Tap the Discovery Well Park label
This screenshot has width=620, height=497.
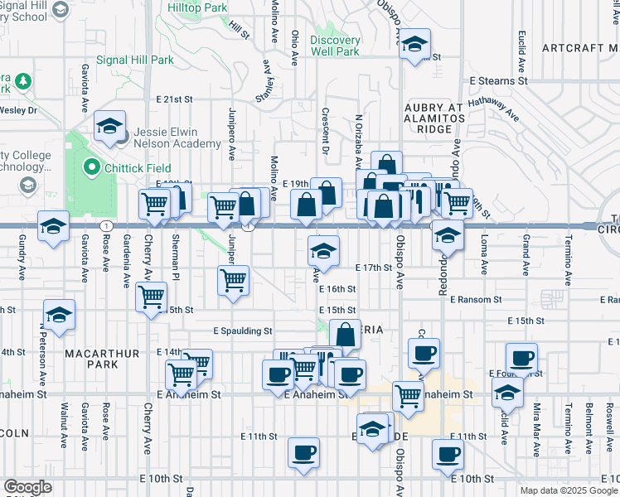coord(335,46)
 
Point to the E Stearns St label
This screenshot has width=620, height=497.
coord(498,82)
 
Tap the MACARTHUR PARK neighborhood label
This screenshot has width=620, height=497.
coord(102,359)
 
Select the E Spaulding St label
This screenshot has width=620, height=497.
coord(245,331)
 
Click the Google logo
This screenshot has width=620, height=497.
coord(27,487)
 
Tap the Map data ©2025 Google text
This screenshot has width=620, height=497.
coord(569,491)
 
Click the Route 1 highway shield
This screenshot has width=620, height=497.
coord(105,224)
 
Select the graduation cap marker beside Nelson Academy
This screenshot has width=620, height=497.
coord(109,126)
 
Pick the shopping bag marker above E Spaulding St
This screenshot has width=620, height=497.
coord(346,335)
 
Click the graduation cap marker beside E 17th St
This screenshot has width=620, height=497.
coord(324,251)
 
